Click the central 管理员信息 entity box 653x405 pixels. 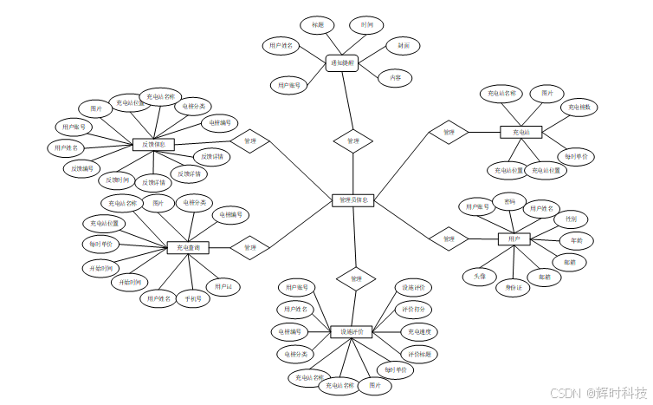click(352, 200)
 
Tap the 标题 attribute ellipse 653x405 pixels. click(318, 24)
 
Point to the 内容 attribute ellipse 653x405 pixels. click(396, 77)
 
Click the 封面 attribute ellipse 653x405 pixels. click(403, 45)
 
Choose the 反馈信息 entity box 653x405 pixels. click(154, 144)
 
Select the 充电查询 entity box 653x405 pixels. click(188, 248)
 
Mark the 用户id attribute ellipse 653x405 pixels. click(223, 286)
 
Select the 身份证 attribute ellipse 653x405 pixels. click(514, 288)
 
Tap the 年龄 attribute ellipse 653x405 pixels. click(576, 239)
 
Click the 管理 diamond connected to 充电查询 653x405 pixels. click(250, 248)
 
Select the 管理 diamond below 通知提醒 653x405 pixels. click(352, 140)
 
